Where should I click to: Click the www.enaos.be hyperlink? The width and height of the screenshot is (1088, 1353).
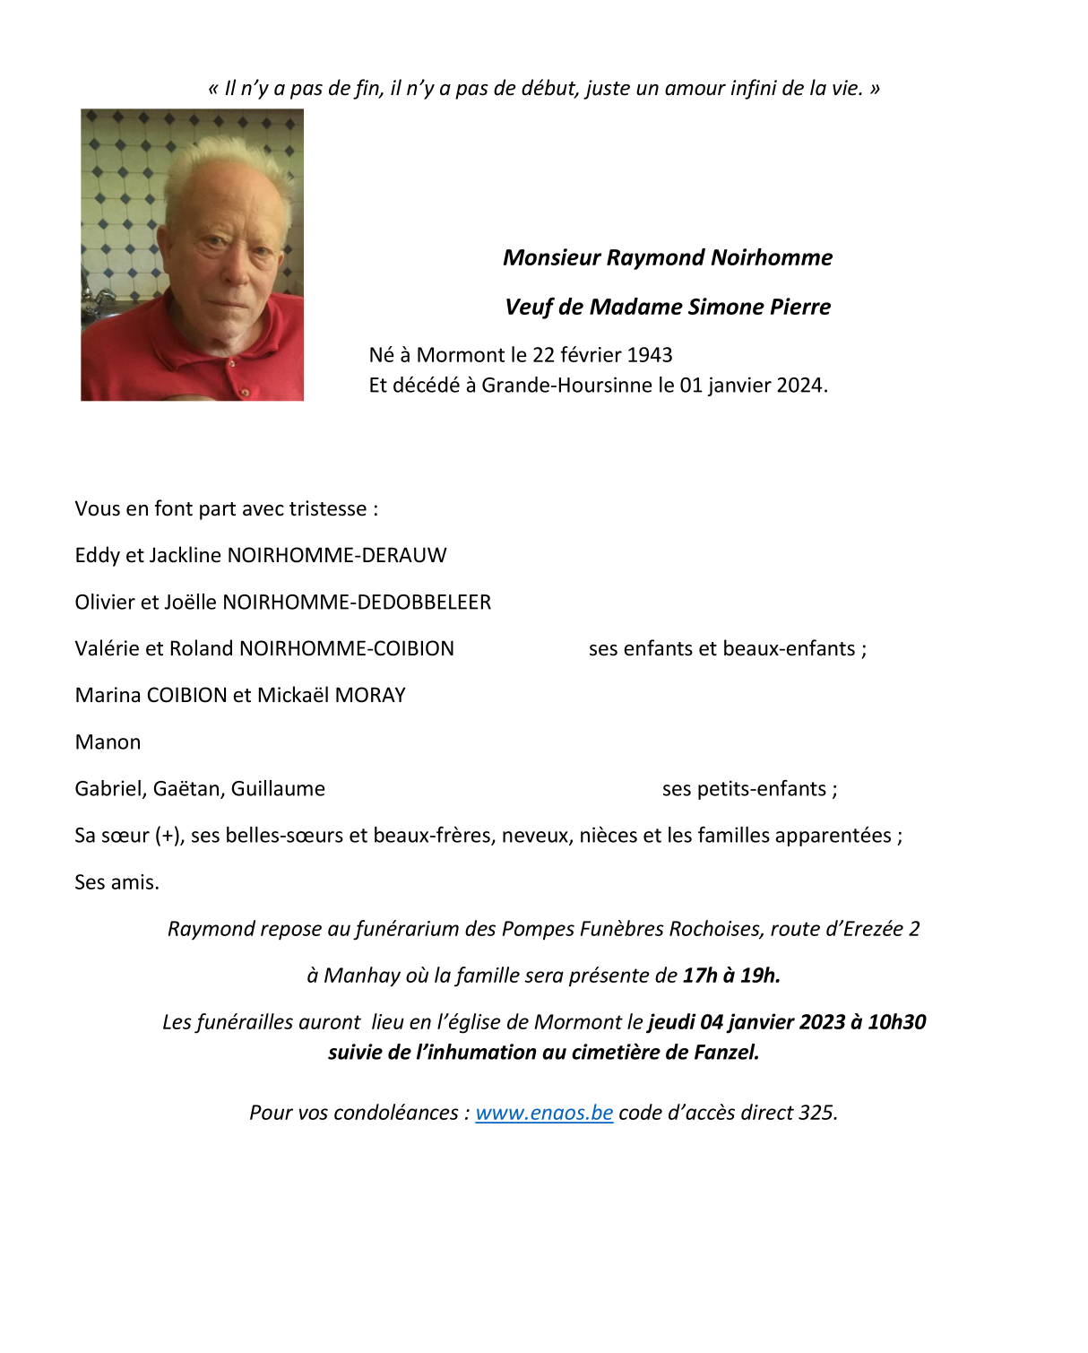click(544, 1113)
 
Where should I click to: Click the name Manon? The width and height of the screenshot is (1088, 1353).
click(108, 742)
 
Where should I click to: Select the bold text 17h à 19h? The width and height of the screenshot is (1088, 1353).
click(731, 976)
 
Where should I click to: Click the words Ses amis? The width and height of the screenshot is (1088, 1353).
click(117, 882)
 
